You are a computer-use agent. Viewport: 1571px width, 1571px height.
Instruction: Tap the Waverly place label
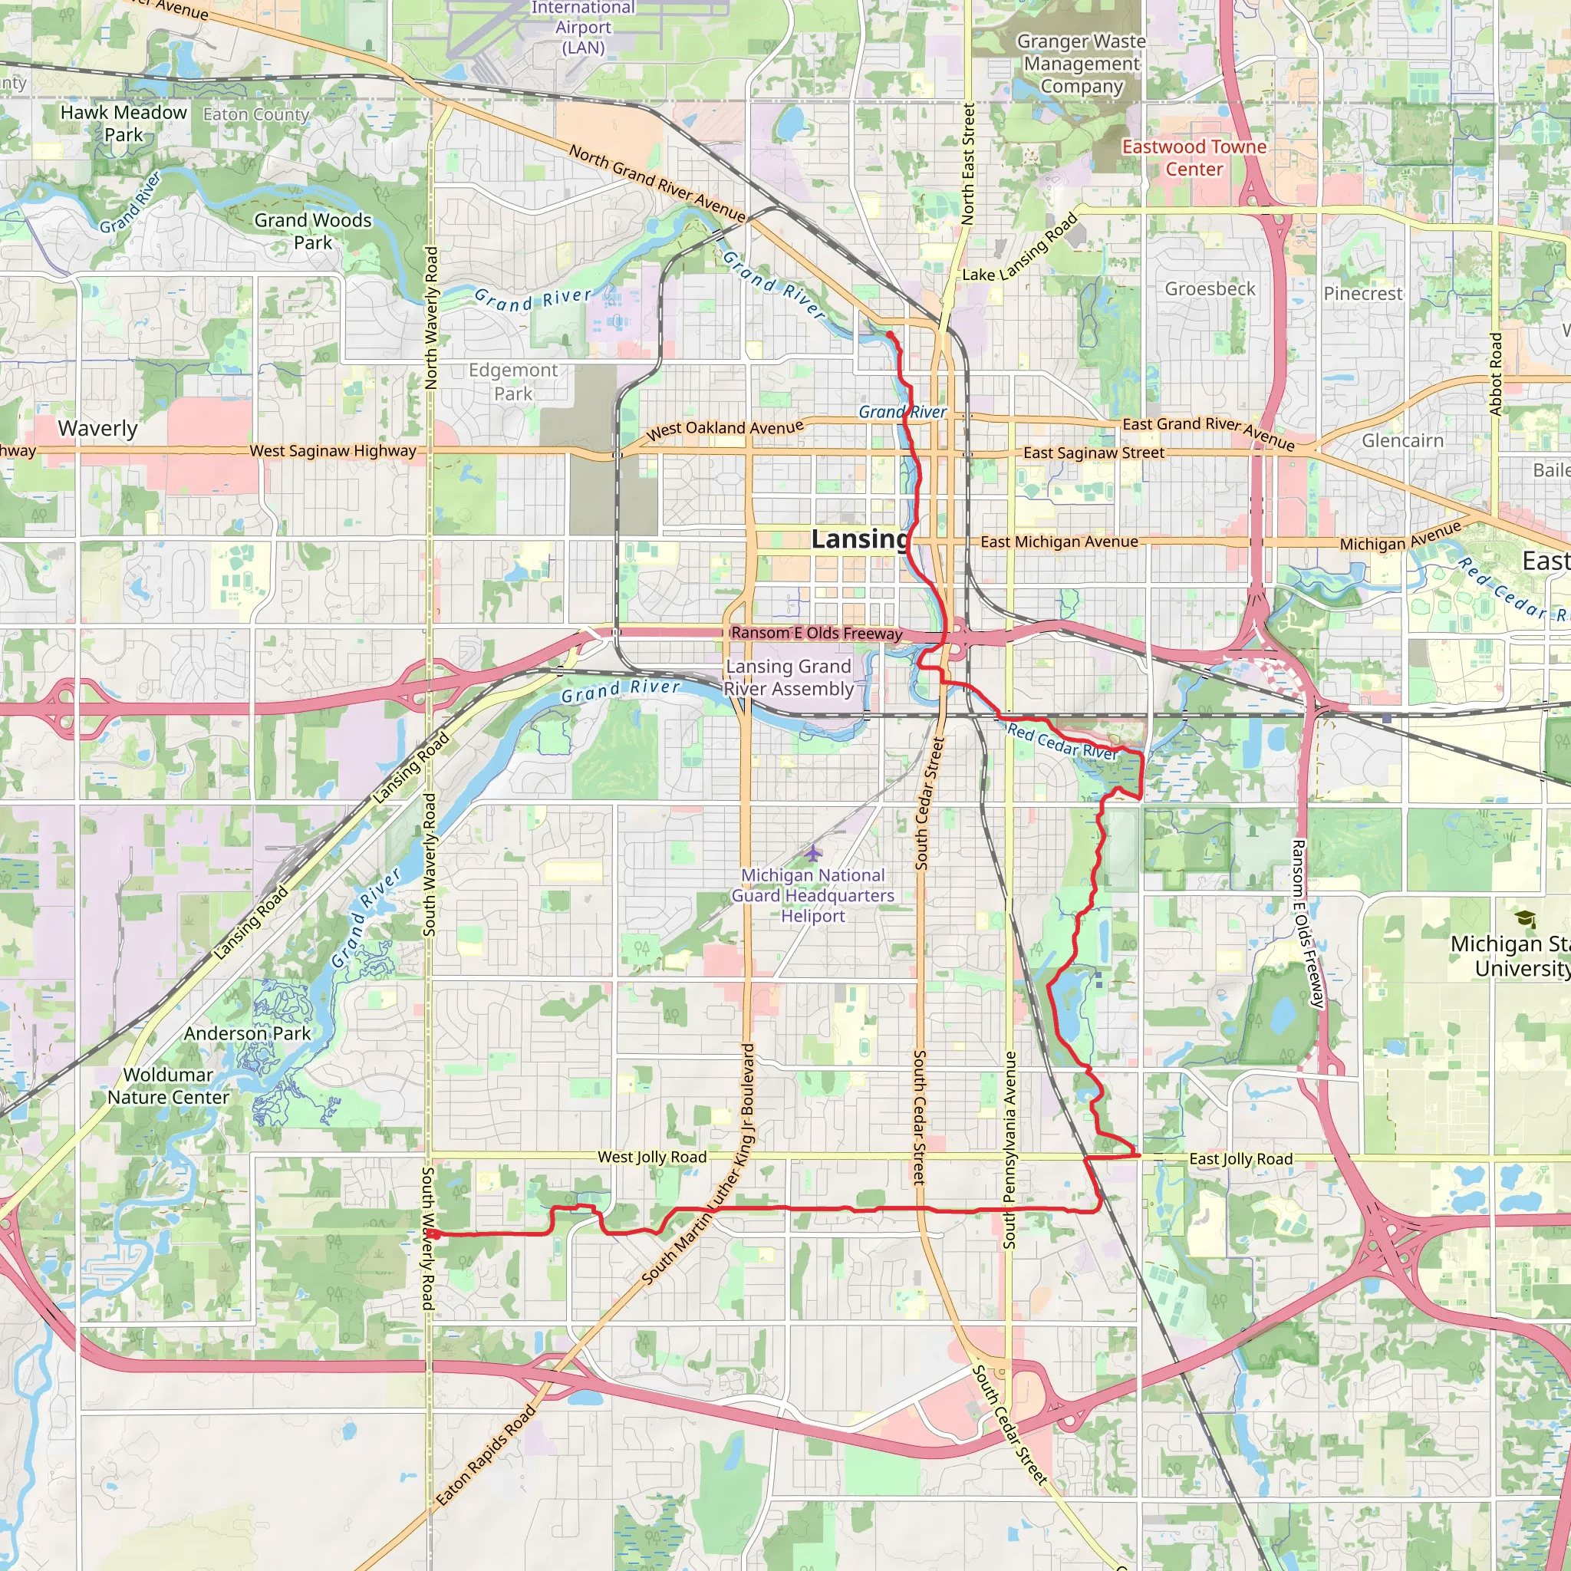(x=97, y=429)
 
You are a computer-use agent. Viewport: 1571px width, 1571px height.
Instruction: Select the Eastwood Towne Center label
(x=1194, y=158)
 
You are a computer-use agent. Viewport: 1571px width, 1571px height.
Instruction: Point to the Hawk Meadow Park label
(x=124, y=124)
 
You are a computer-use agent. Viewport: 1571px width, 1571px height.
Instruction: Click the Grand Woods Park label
(x=313, y=231)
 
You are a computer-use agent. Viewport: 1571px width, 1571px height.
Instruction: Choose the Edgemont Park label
(x=513, y=382)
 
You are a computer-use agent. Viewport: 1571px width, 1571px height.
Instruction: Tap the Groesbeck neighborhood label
(x=1210, y=288)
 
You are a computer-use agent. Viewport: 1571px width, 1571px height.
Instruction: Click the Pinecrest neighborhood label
(x=1363, y=294)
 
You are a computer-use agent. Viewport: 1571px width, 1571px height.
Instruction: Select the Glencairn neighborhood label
(x=1403, y=441)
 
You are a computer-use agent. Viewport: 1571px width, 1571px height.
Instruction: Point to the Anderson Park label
(x=247, y=1033)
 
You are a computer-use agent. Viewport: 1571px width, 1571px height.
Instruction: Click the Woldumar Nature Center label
(x=168, y=1085)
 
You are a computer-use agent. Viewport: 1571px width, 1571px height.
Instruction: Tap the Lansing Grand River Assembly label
(x=789, y=677)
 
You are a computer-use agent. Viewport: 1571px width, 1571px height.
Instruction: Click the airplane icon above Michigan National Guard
(x=813, y=853)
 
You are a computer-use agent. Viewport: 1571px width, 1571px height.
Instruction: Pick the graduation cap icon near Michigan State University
(x=1527, y=919)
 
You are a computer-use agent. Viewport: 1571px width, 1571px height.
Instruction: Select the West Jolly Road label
(x=652, y=1157)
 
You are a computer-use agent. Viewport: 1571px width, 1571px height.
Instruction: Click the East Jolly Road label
(x=1241, y=1159)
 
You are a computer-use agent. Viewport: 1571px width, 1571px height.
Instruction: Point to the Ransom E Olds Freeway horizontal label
(x=816, y=633)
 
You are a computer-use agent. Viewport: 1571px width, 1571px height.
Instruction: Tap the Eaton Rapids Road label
(x=486, y=1455)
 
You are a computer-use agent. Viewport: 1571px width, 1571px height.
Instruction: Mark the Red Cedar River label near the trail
(x=1062, y=742)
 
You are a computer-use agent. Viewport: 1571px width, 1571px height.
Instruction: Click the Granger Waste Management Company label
(x=1082, y=64)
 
